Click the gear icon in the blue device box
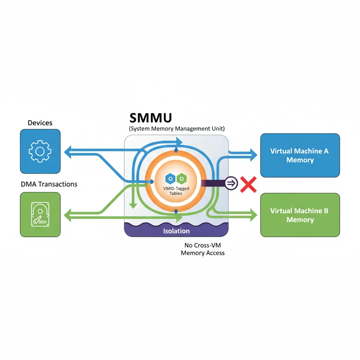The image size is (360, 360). click(x=40, y=152)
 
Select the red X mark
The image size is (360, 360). click(x=248, y=184)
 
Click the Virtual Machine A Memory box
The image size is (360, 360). click(x=300, y=155)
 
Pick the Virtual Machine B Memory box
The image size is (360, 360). click(x=300, y=215)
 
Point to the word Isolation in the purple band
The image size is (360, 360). click(x=176, y=231)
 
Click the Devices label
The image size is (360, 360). click(x=40, y=123)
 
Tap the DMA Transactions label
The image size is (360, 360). click(x=49, y=184)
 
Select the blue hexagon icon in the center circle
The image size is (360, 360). click(x=170, y=179)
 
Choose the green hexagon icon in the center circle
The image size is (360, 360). click(x=181, y=179)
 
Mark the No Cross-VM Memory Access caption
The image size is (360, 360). click(x=202, y=249)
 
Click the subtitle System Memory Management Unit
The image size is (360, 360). click(x=177, y=129)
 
